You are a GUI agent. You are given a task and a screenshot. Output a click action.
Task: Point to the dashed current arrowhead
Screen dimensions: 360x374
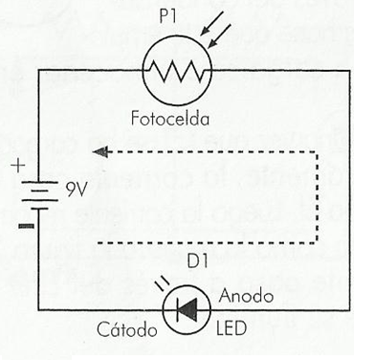pyautogui.click(x=104, y=149)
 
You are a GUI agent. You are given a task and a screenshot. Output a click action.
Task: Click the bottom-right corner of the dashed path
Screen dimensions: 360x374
pyautogui.click(x=312, y=240)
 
